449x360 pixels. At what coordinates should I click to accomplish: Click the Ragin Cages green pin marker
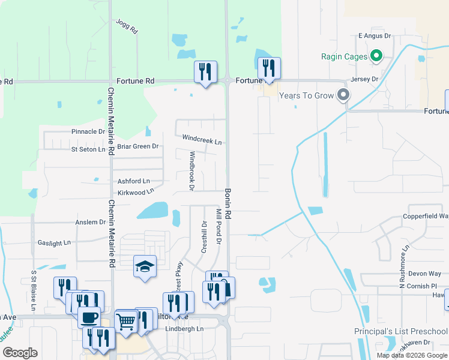376,56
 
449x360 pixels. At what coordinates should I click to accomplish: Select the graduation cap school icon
145,266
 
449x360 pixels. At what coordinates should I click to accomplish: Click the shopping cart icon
126,322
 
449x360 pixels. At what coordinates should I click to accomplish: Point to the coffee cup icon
89,317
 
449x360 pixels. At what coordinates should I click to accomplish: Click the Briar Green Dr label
137,146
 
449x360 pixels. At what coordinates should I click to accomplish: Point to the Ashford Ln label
133,181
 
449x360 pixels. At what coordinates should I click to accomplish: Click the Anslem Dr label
91,222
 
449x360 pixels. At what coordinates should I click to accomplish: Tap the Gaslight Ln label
54,242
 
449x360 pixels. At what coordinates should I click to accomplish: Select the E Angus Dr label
375,37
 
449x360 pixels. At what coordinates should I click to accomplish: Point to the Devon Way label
424,274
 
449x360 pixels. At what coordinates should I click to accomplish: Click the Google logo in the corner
20,352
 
